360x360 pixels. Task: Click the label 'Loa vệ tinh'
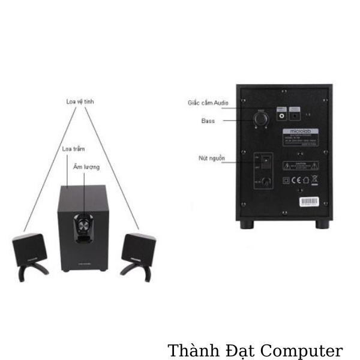[x=80, y=102]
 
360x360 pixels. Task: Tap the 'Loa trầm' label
[x=73, y=148]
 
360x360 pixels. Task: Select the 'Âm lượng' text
[x=87, y=167]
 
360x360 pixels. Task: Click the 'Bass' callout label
[x=208, y=121]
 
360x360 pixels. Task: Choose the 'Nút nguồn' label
[x=212, y=158]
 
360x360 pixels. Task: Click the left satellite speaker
[x=29, y=249]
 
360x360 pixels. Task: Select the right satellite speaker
[x=139, y=247]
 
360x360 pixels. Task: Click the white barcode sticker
[x=310, y=200]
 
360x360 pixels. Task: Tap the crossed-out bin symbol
[x=316, y=178]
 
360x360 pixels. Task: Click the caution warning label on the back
[x=301, y=165]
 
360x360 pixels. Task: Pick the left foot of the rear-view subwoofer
[x=247, y=224]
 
